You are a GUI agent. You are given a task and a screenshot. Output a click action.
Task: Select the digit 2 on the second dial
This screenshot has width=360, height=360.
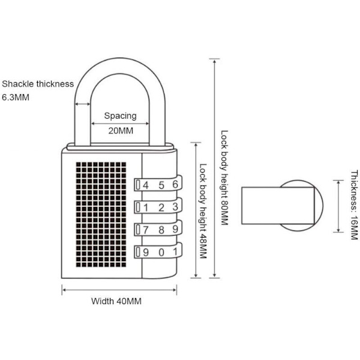161,207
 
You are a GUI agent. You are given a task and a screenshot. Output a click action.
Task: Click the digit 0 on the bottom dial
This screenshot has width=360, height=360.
161,251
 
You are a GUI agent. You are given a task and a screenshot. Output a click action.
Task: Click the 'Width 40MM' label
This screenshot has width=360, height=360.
116,301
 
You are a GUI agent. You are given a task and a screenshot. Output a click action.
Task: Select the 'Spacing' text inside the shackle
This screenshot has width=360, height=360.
121,115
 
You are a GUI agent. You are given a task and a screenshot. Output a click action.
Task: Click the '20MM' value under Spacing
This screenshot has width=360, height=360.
121,130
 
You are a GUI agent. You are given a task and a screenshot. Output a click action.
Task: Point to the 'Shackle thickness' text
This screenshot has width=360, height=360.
38,84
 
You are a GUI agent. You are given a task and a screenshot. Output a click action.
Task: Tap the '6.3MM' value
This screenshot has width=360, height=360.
16,97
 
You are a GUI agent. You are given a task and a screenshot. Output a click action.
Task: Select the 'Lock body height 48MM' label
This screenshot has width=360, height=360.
203,211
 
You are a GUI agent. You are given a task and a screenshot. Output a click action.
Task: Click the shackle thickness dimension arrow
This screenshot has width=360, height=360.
82,104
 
